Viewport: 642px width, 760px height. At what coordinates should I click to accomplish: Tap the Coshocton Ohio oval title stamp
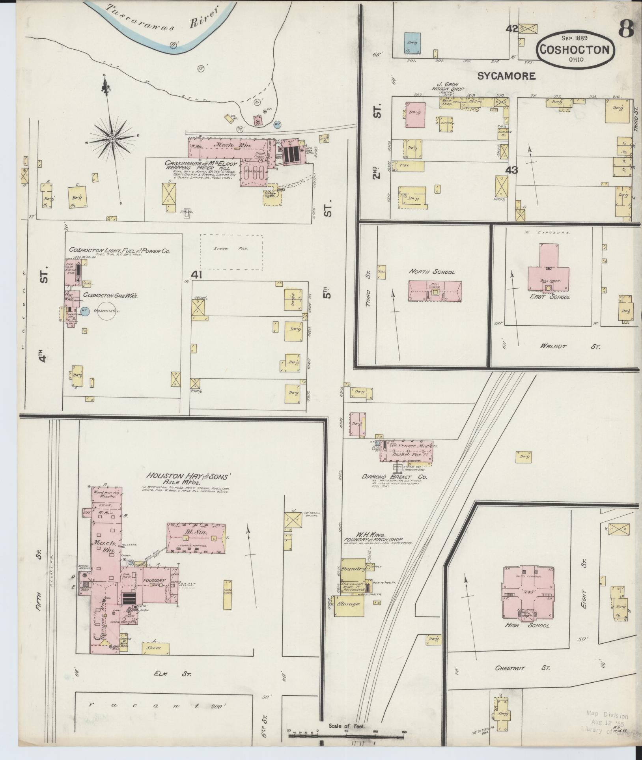tap(575, 49)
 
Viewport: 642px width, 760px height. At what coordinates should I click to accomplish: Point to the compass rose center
tap(112, 139)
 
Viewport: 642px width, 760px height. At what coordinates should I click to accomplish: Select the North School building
tap(435, 291)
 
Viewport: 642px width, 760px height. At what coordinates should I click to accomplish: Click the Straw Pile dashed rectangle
tap(231, 252)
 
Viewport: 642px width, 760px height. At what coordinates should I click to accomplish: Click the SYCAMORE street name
tap(506, 76)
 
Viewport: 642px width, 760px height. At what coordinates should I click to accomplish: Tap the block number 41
tap(196, 274)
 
